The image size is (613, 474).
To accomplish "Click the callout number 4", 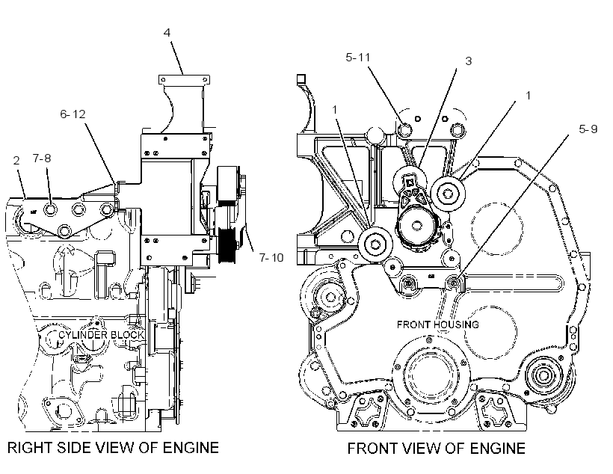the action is pyautogui.click(x=167, y=32).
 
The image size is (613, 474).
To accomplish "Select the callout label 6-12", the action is pyautogui.click(x=73, y=114).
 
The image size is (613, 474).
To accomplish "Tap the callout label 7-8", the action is pyautogui.click(x=42, y=158).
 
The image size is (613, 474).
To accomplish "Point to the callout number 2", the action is pyautogui.click(x=16, y=160).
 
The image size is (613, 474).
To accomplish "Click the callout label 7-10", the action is pyautogui.click(x=271, y=258).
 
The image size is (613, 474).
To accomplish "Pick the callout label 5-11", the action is pyautogui.click(x=358, y=58).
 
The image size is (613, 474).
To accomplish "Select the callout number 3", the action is pyautogui.click(x=469, y=61).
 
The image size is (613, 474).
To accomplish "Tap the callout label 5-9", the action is pyautogui.click(x=588, y=129).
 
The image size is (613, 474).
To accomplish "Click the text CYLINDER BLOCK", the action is pyautogui.click(x=102, y=335).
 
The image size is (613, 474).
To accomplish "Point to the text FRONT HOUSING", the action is pyautogui.click(x=438, y=324).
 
